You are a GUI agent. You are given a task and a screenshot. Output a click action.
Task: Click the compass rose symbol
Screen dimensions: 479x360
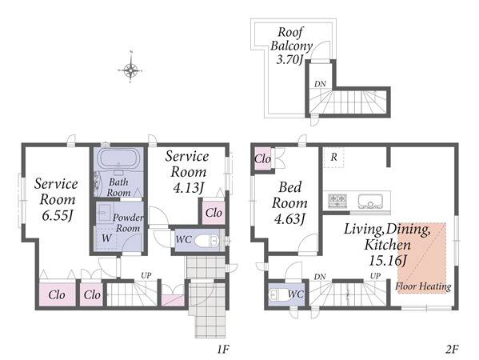(130, 70)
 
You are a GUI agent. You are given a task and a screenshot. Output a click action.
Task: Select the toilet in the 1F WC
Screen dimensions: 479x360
(207, 241)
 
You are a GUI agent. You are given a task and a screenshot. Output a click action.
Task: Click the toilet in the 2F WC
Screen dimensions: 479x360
(276, 295)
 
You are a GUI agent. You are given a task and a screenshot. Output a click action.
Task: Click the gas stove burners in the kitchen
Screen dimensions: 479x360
(337, 200)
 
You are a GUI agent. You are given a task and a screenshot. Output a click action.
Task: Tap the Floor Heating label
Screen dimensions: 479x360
(423, 286)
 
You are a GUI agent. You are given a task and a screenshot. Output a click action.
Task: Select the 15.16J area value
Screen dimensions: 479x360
(388, 260)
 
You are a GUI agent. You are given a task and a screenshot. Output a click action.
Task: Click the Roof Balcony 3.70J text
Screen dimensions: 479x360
(290, 46)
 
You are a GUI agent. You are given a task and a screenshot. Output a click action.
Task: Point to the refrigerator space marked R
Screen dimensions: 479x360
(334, 158)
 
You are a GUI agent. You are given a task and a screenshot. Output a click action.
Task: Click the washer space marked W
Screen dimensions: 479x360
(106, 238)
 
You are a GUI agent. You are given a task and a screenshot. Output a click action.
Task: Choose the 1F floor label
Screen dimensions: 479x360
(223, 349)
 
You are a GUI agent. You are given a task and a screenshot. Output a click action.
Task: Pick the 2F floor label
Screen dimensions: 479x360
(452, 349)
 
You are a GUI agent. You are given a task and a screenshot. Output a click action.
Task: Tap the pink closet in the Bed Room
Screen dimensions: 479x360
(262, 158)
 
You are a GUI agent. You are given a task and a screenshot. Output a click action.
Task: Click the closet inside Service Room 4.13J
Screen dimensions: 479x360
(214, 212)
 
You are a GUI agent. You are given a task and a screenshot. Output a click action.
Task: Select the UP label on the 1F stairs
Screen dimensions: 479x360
(146, 275)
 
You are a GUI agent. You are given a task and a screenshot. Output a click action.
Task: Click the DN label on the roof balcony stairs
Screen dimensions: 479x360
(320, 84)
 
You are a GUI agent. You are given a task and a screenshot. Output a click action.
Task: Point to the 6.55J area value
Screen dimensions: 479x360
(57, 216)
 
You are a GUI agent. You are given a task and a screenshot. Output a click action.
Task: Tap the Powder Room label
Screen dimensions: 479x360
(128, 222)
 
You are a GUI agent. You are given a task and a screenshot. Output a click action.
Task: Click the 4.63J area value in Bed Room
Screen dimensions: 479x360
(289, 219)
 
